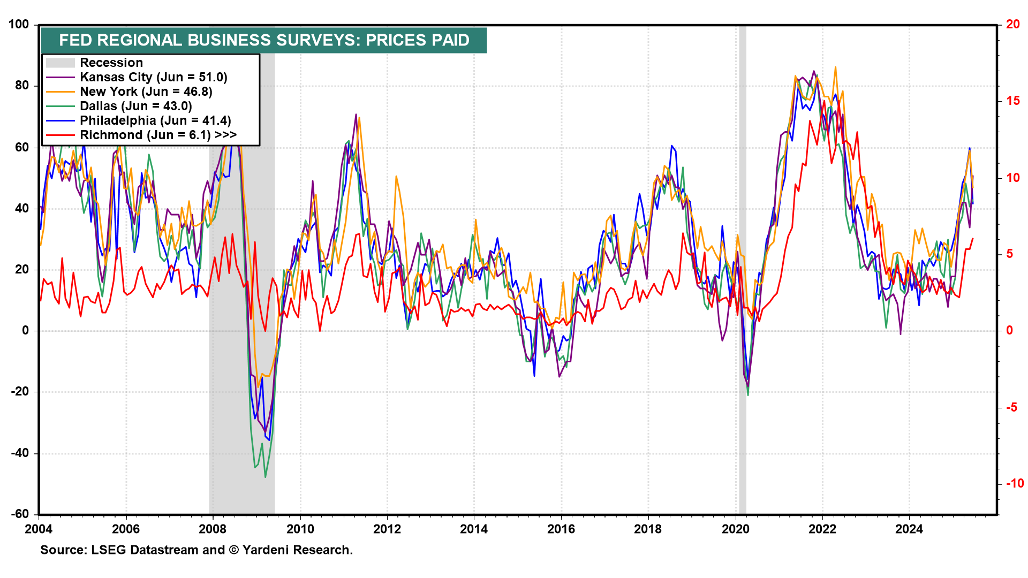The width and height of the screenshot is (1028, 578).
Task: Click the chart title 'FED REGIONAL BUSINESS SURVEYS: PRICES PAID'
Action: point(264,40)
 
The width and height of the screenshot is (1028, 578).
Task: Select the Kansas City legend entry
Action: point(153,77)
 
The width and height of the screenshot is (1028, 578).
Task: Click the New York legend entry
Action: point(146,92)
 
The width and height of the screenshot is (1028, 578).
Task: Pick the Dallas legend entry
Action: point(135,106)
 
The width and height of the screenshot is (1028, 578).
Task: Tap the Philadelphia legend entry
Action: point(155,120)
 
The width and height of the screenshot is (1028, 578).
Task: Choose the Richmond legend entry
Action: point(158,135)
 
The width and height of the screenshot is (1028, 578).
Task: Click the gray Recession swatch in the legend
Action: point(60,63)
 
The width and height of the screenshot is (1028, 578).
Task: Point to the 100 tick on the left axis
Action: point(19,25)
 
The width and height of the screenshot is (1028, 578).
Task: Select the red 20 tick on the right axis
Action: point(1012,25)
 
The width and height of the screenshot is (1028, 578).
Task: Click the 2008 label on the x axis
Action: point(213,529)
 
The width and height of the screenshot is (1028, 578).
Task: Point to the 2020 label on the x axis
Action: point(735,529)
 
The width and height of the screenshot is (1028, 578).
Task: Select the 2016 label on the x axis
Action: point(561,529)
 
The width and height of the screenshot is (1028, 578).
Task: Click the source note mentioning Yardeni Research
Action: point(196,550)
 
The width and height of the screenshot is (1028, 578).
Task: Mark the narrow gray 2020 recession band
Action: point(742,268)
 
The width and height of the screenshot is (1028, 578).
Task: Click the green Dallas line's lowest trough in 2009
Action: point(265,477)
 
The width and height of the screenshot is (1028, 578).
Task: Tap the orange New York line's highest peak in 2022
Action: point(835,67)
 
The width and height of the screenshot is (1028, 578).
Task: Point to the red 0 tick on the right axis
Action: point(1009,331)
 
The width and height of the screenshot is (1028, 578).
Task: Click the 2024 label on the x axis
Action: point(909,529)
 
